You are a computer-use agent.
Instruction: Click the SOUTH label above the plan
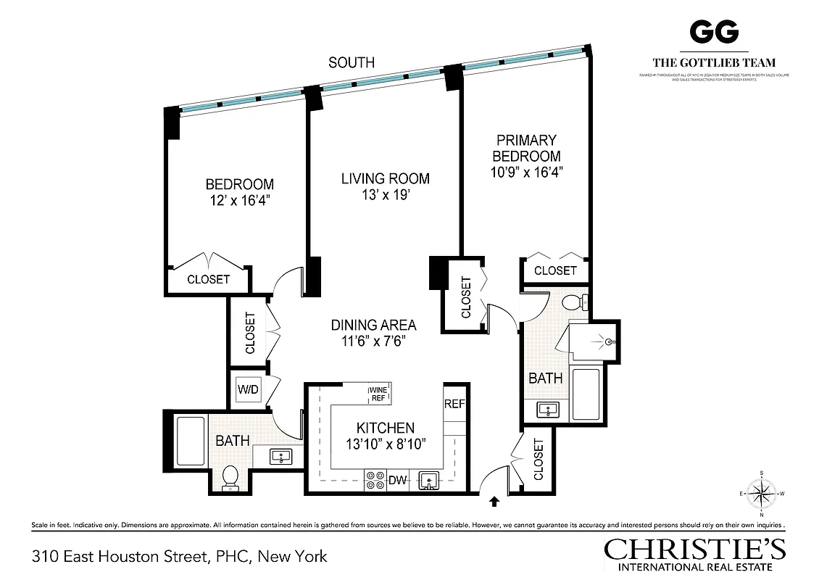coord(352,62)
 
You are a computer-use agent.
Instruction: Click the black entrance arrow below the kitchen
coord(495,500)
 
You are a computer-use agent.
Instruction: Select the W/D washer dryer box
coord(247,390)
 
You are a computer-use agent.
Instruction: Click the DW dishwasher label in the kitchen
coord(398,479)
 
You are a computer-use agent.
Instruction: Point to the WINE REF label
coord(379,394)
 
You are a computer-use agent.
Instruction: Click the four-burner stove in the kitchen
coord(375,480)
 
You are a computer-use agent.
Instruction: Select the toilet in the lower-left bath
coord(230,477)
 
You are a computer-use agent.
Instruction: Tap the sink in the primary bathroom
coord(548,410)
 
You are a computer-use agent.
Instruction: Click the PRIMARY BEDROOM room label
coord(526,148)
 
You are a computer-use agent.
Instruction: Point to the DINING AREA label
coord(373,326)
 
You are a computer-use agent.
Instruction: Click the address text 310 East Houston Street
coord(180,557)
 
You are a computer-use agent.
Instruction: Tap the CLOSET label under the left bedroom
coord(208,279)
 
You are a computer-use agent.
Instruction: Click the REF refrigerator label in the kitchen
coord(454,405)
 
